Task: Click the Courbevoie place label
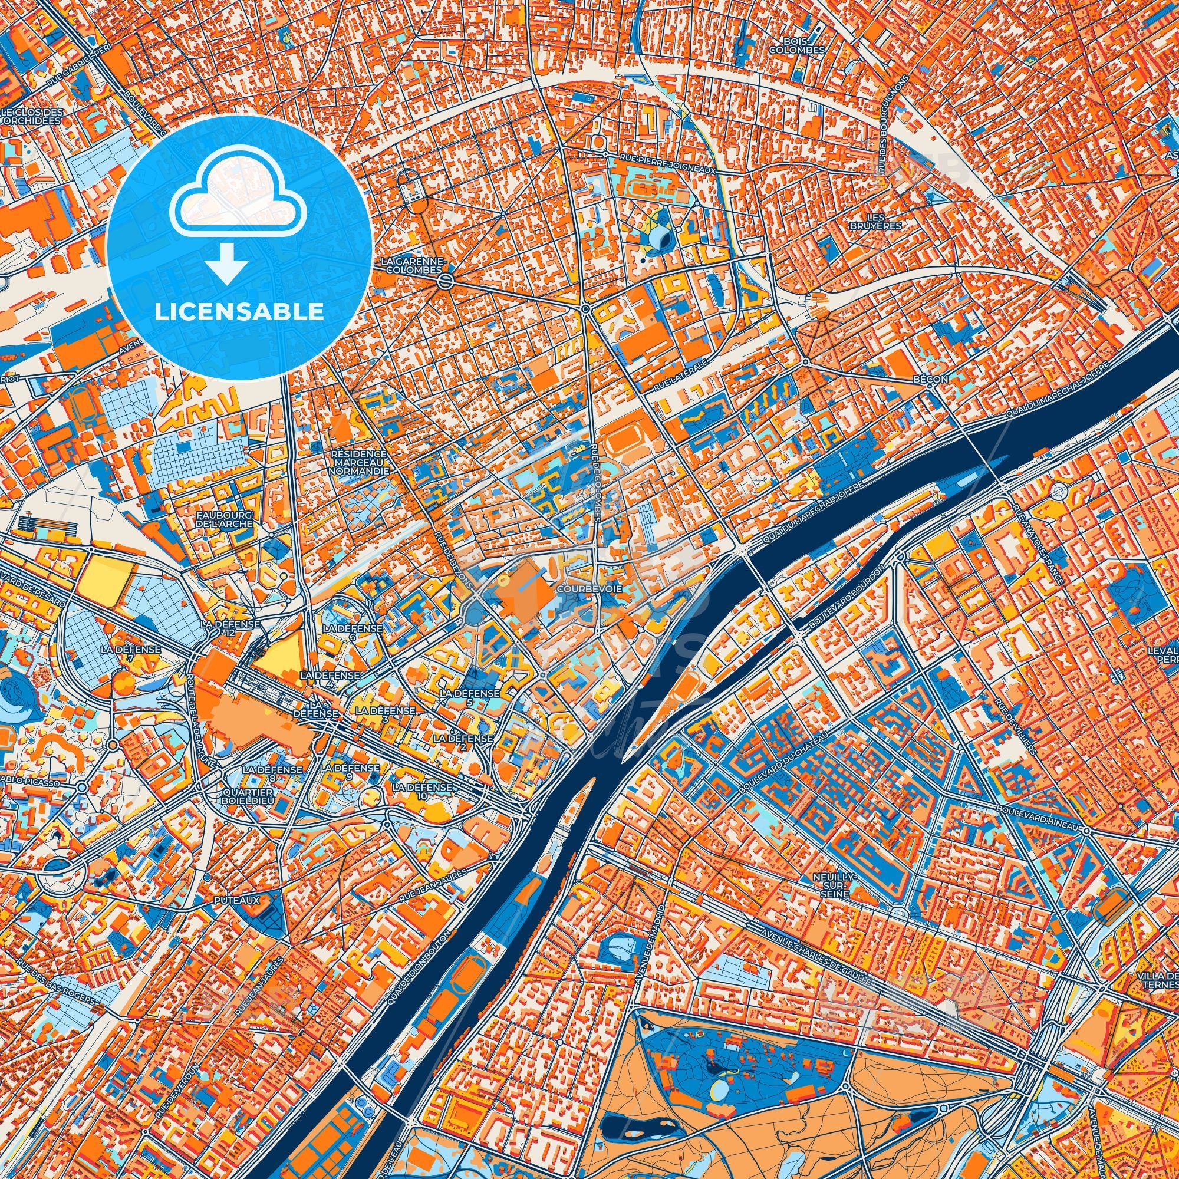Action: pyautogui.click(x=584, y=589)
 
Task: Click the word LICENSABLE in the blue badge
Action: pyautogui.click(x=239, y=312)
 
